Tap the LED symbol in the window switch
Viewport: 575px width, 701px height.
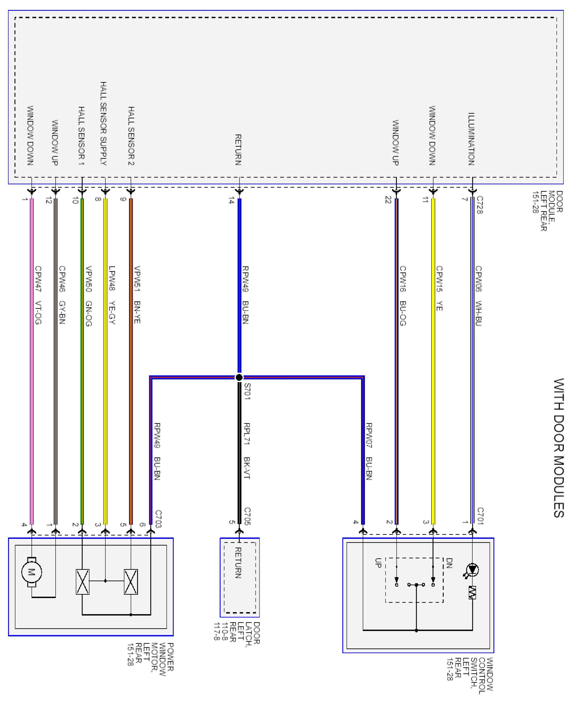(x=472, y=570)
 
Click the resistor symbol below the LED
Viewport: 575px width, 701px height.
(x=472, y=593)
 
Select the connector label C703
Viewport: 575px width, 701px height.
(x=158, y=519)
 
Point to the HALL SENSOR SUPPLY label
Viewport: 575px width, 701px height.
(x=103, y=124)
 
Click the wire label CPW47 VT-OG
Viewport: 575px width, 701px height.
(x=38, y=295)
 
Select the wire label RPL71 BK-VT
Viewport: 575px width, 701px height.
(x=247, y=451)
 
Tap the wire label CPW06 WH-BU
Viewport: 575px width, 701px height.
(x=478, y=296)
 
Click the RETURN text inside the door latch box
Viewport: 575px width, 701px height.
(x=238, y=563)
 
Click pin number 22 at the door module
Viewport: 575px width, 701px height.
(x=388, y=200)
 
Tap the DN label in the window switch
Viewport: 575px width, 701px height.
(x=449, y=563)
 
